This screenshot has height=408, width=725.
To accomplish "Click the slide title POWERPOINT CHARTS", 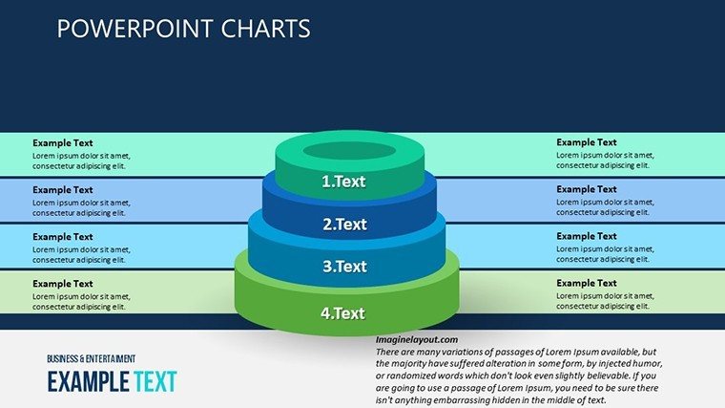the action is point(183,29).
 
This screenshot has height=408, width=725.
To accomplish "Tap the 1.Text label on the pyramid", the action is point(343,182).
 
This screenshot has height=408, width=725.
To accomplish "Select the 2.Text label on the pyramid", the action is point(344,225).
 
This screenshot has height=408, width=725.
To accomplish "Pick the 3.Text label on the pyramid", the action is point(344,267).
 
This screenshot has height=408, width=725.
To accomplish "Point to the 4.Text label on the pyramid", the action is point(342,313).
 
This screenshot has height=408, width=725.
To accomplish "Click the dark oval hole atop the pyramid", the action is point(349,151).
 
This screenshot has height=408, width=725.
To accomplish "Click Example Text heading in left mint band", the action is point(62,143).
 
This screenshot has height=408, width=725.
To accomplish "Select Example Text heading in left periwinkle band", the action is point(62,190).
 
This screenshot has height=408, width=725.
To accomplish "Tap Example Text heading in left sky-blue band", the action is point(62,237).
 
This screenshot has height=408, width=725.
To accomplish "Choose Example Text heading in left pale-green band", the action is point(62,284).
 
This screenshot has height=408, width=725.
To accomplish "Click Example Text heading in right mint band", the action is point(587,142).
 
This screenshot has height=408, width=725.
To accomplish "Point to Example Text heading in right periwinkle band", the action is point(587,189).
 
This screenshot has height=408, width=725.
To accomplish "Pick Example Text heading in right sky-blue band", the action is point(587,236).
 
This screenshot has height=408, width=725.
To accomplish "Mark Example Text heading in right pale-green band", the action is point(587,283).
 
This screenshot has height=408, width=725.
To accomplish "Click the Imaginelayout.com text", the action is point(417,340).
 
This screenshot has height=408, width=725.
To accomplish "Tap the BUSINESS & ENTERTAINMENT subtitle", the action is point(91,359).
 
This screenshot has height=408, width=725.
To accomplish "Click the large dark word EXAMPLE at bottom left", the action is point(89,381).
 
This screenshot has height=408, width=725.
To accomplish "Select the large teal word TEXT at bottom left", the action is point(155,381).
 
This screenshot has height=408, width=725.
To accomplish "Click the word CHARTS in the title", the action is point(265,29).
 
